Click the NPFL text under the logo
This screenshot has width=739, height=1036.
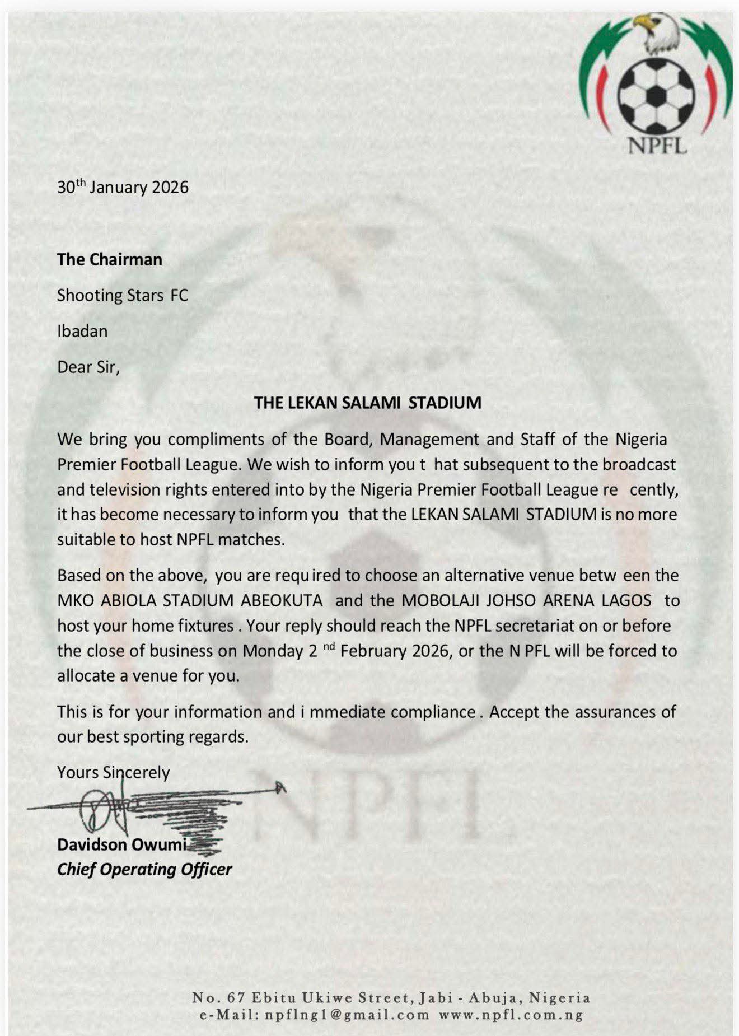[657, 146]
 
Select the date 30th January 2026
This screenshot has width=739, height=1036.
[123, 187]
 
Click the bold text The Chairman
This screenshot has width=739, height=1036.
[110, 259]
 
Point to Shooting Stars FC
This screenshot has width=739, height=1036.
[123, 295]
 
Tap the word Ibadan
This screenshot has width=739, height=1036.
[82, 331]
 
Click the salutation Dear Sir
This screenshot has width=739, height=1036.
[88, 367]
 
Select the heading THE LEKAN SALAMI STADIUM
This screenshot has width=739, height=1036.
[368, 403]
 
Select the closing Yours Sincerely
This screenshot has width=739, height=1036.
[113, 772]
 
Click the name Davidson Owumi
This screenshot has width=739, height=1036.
[121, 844]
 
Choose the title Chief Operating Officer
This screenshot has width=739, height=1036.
[144, 869]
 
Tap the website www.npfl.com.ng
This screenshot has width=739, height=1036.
[511, 1015]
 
